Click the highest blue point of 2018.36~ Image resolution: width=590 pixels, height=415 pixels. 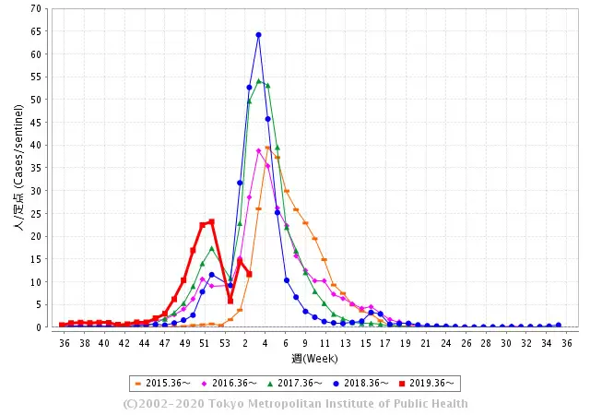point(258,35)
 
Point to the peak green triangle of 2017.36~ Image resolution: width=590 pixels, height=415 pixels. point(258,81)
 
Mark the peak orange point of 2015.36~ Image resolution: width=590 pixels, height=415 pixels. point(268,148)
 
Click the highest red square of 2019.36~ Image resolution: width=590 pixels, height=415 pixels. point(211,221)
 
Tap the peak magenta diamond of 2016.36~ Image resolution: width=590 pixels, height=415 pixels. point(258,150)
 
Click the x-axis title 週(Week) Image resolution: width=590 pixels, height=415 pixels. point(315,358)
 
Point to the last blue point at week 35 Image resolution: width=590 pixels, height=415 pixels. point(558,325)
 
